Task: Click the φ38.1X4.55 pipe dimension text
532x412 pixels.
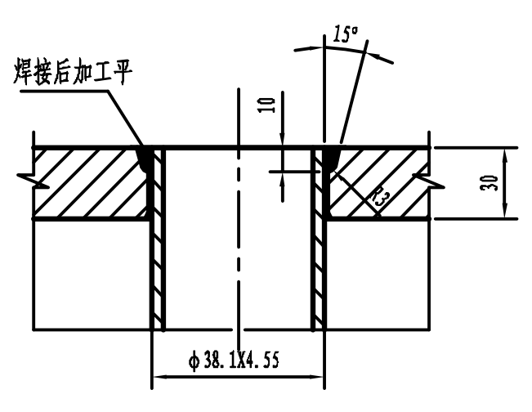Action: (x=232, y=360)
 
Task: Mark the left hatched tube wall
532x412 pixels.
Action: (x=159, y=245)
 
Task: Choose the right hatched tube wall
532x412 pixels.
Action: (x=319, y=245)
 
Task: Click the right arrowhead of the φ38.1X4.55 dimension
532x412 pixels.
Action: (x=317, y=377)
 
